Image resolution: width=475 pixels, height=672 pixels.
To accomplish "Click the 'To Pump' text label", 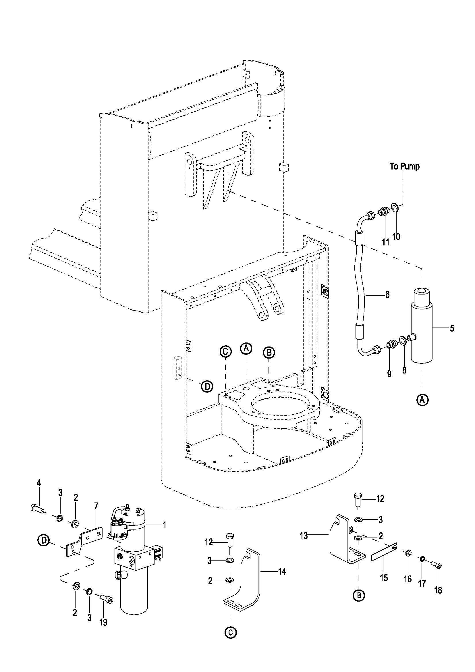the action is (405, 167).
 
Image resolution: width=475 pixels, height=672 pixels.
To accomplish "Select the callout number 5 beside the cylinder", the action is (452, 328).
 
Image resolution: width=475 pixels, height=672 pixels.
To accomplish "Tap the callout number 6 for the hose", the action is (387, 294).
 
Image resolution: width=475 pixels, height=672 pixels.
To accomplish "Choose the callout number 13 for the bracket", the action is (304, 536).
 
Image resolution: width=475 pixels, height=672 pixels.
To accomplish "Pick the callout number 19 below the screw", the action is (103, 622).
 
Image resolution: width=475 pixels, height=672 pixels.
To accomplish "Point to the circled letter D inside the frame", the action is (207, 386).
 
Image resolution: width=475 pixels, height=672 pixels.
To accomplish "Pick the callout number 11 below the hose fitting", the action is (385, 242).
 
